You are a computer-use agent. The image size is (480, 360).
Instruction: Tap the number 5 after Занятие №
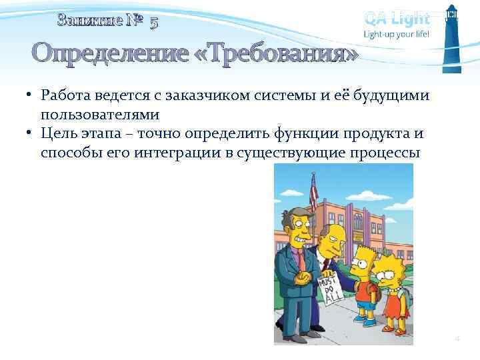coord(154,21)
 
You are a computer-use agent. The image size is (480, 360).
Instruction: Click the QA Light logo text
coord(397,18)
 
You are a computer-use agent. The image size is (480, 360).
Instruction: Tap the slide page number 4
coord(457,339)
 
